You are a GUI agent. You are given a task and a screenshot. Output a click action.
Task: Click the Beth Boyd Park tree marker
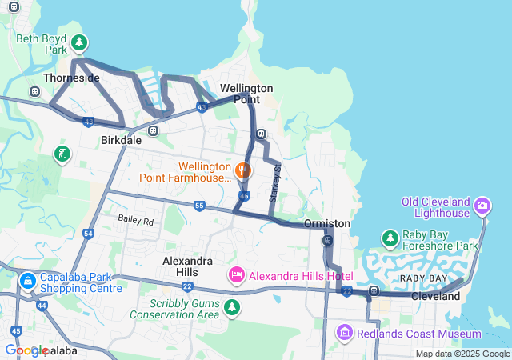[79, 42]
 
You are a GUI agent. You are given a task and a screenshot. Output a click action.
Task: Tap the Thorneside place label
[71, 78]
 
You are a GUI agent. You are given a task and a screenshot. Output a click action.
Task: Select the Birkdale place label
[121, 140]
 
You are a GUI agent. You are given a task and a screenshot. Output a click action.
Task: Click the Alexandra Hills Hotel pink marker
[237, 276]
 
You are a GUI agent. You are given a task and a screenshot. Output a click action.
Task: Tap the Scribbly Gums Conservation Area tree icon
[232, 306]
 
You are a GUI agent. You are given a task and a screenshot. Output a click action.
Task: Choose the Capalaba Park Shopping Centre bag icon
[27, 282]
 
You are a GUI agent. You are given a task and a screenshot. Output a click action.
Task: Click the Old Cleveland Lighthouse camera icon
[482, 206]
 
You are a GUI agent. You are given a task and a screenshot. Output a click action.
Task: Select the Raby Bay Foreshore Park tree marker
[390, 238]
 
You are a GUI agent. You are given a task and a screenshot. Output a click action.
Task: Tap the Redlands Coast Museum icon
[345, 332]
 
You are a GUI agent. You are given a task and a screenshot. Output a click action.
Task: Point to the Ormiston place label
[327, 223]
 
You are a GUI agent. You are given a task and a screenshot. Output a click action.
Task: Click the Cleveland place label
[435, 296]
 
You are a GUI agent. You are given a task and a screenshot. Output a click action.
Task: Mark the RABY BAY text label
[424, 278]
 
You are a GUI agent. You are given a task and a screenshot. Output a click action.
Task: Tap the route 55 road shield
[199, 206]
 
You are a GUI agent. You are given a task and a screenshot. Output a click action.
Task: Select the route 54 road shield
[88, 234]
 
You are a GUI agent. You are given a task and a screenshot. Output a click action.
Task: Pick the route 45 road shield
[16, 331]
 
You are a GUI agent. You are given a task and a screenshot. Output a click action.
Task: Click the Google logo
[26, 350]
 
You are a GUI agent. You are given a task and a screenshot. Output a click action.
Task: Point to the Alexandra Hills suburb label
[188, 267]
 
